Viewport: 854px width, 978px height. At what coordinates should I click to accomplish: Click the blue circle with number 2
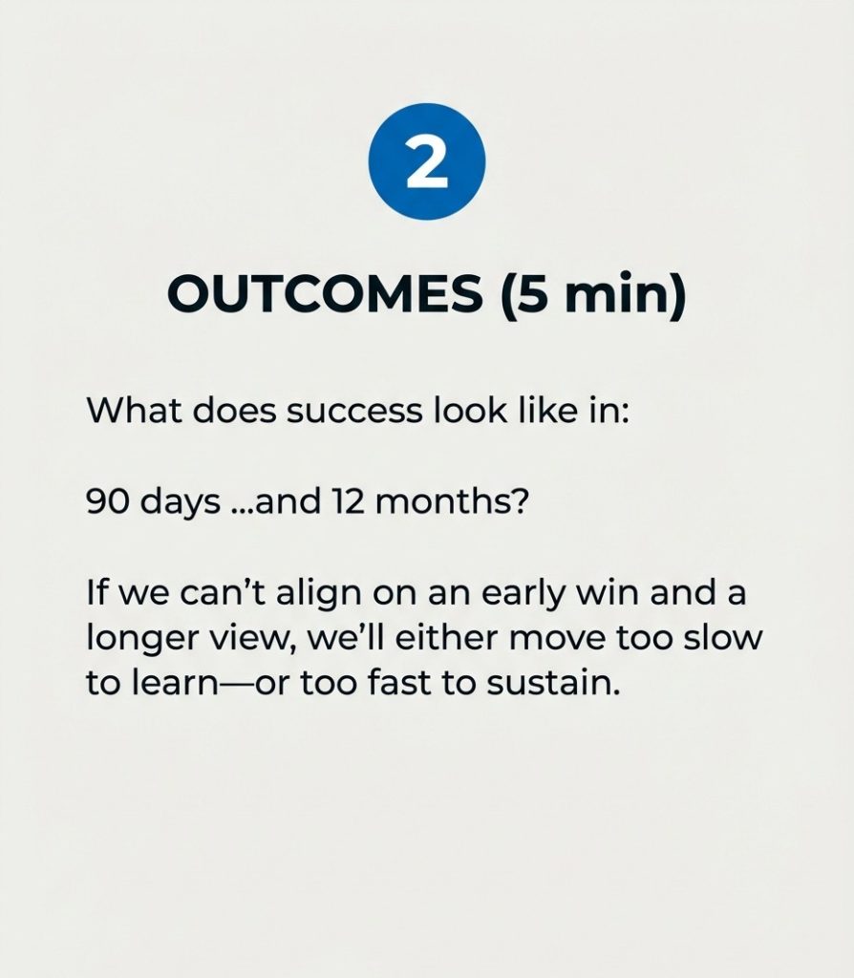(427, 161)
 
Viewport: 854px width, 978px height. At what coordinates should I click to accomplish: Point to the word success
(354, 412)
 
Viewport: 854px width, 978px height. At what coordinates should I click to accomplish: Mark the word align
(319, 594)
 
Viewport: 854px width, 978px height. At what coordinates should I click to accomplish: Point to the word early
(523, 594)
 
